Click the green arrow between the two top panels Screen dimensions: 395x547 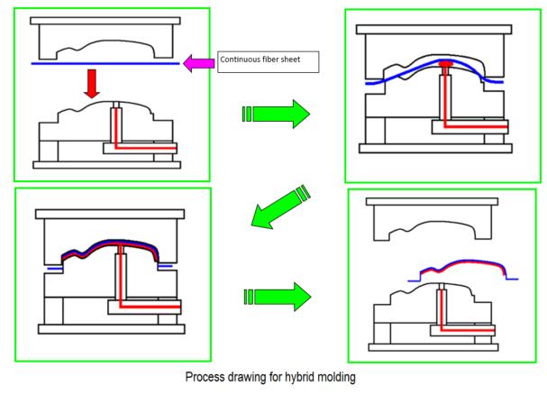pyautogui.click(x=276, y=115)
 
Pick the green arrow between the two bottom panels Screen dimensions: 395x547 pyautogui.click(x=276, y=295)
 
